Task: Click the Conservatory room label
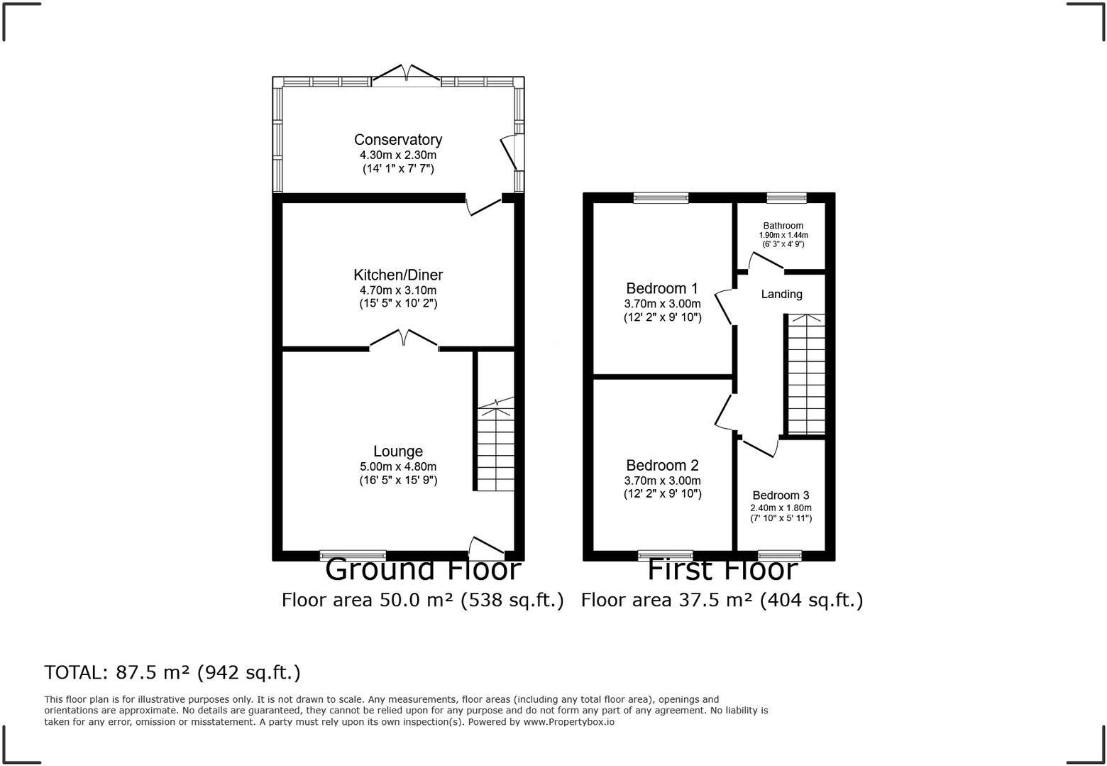point(397,140)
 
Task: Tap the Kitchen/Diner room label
point(397,275)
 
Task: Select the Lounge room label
point(397,452)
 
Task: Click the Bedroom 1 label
point(661,288)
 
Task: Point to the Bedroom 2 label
point(662,466)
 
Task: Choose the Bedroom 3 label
point(781,496)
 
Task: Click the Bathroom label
point(783,226)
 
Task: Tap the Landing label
point(781,294)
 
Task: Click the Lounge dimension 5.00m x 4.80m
point(397,467)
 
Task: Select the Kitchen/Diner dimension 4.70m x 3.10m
point(397,290)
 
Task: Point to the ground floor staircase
point(495,447)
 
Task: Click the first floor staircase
point(806,374)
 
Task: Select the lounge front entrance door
point(486,546)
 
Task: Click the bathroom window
point(786,198)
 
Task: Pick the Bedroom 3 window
point(779,555)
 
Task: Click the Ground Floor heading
point(423,570)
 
